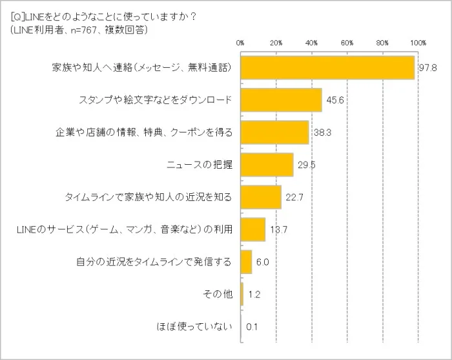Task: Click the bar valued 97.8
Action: [327, 67]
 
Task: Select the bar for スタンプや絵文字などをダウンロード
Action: [281, 100]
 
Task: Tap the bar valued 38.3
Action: [274, 132]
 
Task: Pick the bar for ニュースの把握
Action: [267, 165]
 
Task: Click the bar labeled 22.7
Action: [260, 197]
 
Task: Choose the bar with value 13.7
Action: [252, 229]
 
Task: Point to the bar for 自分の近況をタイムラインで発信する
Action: [246, 262]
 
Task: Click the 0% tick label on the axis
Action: [240, 43]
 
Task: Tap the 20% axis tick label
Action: [276, 43]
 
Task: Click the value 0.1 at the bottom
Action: [252, 327]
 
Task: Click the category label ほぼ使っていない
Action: [194, 327]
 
